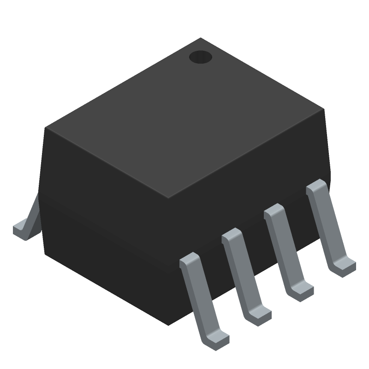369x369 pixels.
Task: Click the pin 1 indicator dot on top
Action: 200,57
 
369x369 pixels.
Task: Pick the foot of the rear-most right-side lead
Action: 344,267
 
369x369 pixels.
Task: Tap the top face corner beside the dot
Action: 200,39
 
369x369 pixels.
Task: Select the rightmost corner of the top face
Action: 324,110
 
